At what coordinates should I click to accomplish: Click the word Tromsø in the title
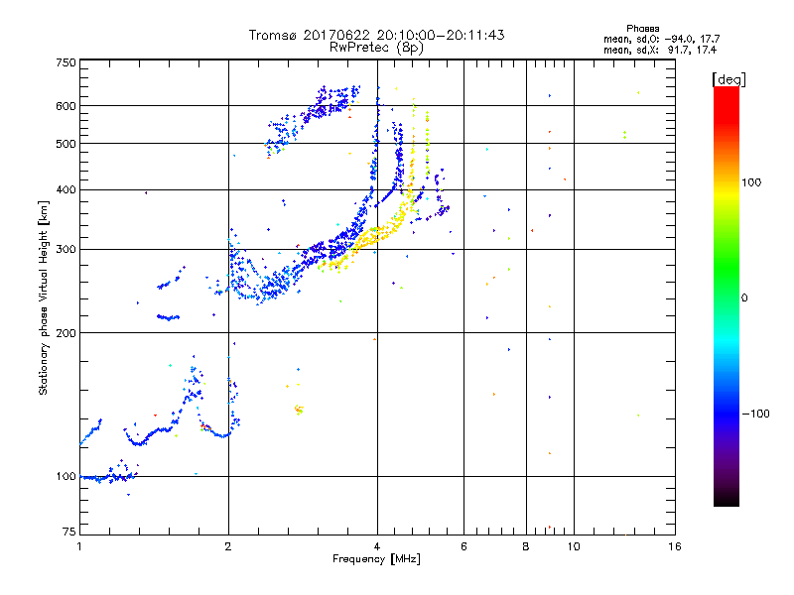click(275, 35)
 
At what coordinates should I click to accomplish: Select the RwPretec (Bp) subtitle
click(377, 47)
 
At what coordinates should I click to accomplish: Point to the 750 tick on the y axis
click(66, 61)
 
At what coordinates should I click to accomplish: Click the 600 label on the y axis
click(66, 106)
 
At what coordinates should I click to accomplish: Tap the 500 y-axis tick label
click(66, 144)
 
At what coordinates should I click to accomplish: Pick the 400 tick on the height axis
click(66, 189)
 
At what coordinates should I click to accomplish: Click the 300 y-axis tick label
click(66, 249)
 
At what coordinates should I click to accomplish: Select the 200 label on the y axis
click(66, 332)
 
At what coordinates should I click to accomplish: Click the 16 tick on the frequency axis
click(675, 546)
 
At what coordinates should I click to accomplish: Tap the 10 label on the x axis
click(574, 546)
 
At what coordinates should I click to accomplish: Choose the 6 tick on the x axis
click(463, 546)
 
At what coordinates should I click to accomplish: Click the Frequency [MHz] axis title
click(376, 560)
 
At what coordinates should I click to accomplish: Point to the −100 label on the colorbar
click(756, 414)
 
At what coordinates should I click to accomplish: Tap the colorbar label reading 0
click(745, 297)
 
